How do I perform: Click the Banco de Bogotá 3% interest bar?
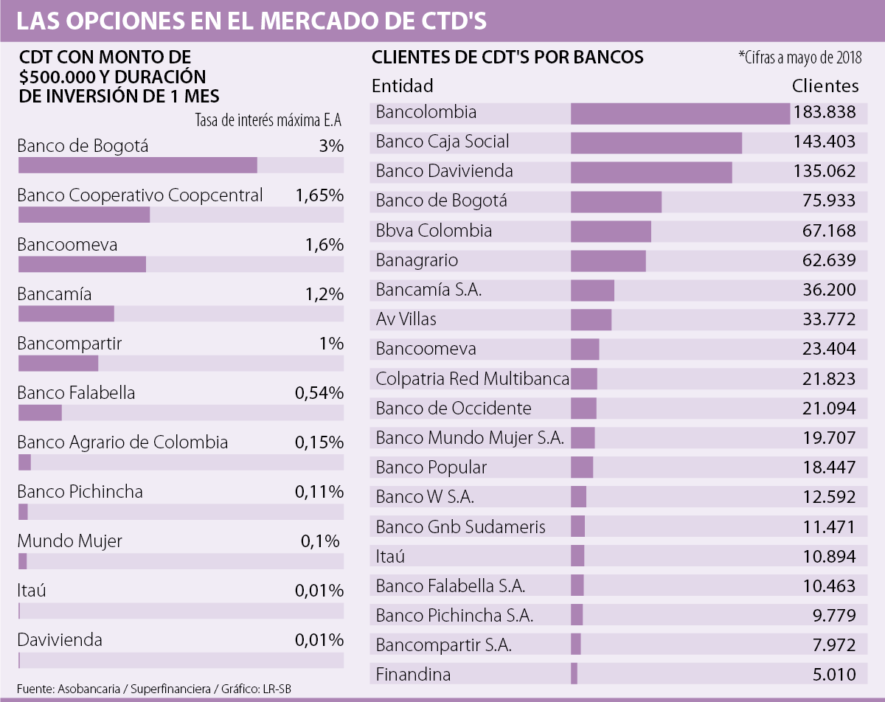pos(137,165)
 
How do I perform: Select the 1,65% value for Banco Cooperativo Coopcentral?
pos(319,195)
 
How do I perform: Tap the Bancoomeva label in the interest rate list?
pos(67,245)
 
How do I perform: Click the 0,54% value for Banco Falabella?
pos(319,393)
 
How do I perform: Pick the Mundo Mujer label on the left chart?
pos(69,541)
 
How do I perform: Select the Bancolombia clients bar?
pos(680,113)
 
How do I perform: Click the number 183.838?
pos(825,112)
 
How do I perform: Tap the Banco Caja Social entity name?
pos(442,142)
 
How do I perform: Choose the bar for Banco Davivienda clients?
pos(651,172)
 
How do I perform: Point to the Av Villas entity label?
pos(406,319)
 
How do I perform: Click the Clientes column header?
pos(825,86)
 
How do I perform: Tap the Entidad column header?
pos(402,86)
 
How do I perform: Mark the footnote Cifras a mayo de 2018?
pos(799,58)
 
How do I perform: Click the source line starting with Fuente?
pos(159,689)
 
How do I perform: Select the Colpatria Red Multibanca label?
pos(472,378)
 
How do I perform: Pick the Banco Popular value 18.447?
pos(829,467)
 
